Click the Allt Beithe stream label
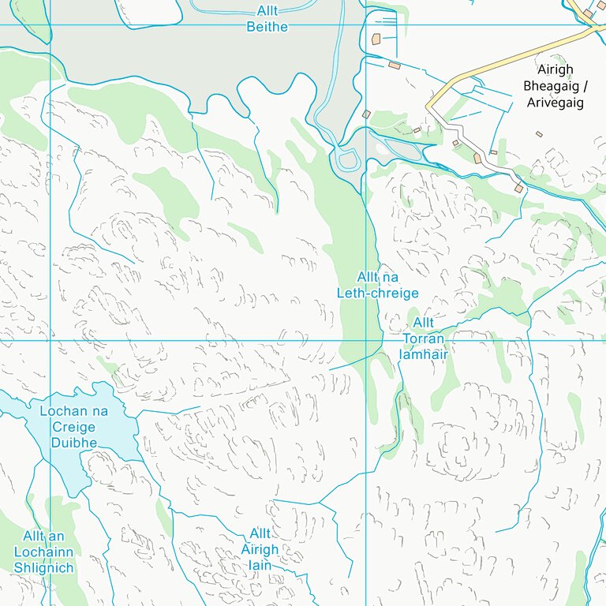pyautogui.click(x=267, y=19)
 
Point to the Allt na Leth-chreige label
pyautogui.click(x=377, y=285)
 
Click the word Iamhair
pyautogui.click(x=423, y=354)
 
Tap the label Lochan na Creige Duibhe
pyautogui.click(x=73, y=427)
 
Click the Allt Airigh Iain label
pyautogui.click(x=260, y=549)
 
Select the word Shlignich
pyautogui.click(x=43, y=568)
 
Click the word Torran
pyautogui.click(x=423, y=339)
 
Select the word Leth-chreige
pyautogui.click(x=377, y=293)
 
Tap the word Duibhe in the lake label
pyautogui.click(x=73, y=443)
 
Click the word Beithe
pyautogui.click(x=267, y=27)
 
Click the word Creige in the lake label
pyautogui.click(x=73, y=427)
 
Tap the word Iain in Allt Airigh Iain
pyautogui.click(x=260, y=565)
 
